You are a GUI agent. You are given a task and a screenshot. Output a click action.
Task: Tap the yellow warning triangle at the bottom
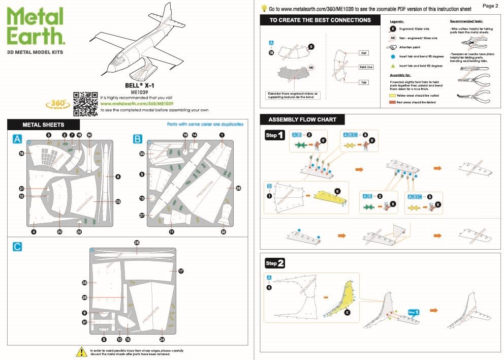pos(81,351)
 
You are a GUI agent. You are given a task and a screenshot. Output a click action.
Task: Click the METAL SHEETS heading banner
pos(43,125)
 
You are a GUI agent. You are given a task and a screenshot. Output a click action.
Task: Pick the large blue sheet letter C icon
pos(17,247)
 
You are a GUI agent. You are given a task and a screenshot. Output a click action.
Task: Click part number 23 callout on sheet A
pos(118,202)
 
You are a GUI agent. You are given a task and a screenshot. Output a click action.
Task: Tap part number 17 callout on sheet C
pos(181,271)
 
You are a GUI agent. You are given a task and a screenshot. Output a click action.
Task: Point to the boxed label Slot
pos(363,52)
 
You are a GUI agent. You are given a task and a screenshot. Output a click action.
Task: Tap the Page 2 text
pos(490,6)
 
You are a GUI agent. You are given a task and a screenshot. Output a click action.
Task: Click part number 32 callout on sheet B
pos(223,232)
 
